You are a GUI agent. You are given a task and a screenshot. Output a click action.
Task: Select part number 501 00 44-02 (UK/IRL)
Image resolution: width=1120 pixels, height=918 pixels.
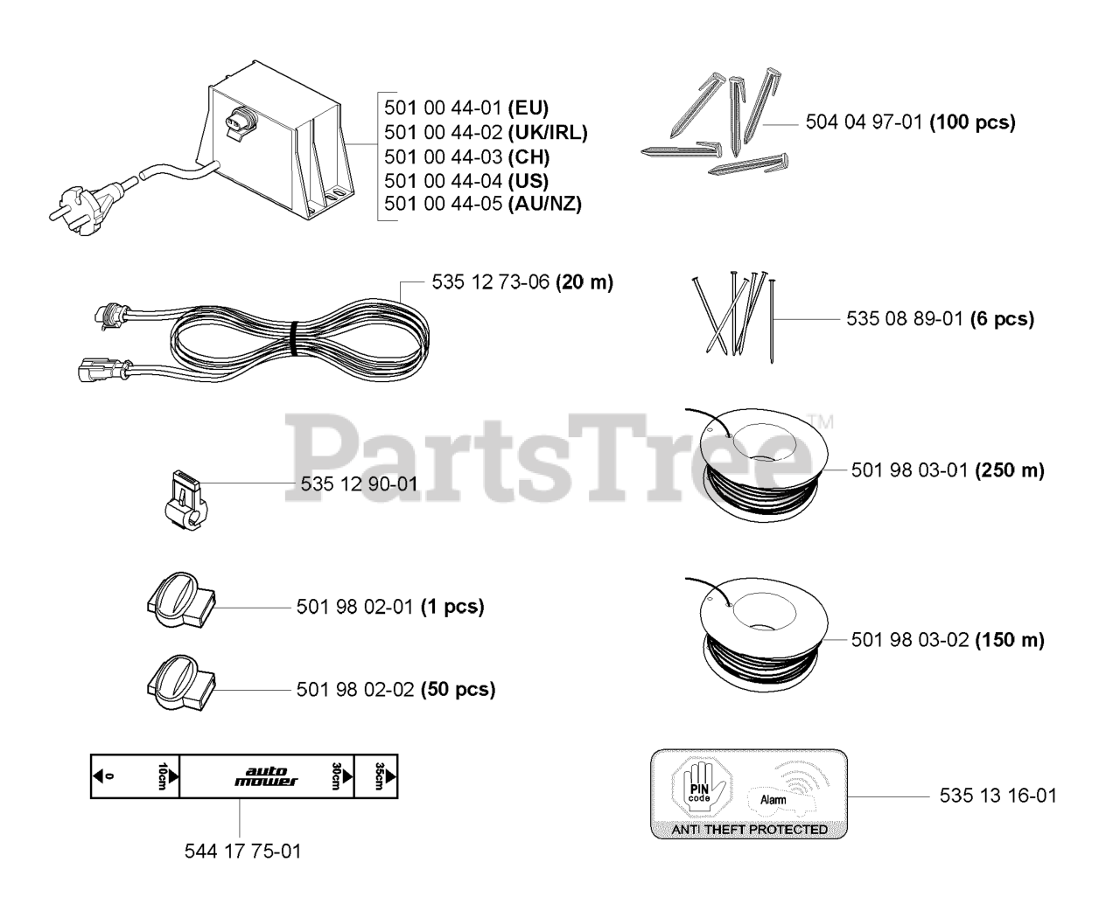click(486, 133)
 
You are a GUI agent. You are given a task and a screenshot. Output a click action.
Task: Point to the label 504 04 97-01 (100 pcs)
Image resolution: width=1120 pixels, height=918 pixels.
click(910, 122)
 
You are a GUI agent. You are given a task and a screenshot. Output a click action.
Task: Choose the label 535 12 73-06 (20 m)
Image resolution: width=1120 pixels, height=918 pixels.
click(522, 282)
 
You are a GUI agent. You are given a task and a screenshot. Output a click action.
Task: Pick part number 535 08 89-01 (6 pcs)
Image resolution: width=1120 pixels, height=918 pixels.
click(940, 319)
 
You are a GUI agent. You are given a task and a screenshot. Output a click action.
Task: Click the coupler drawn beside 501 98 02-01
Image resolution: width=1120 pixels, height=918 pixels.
click(179, 602)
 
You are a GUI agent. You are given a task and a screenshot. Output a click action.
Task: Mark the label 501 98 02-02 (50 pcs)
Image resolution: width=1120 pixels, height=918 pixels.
click(395, 689)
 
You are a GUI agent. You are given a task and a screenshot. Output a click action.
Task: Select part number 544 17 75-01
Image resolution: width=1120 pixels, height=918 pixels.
click(243, 851)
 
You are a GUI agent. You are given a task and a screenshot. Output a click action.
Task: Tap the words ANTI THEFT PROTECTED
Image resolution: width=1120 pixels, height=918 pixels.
click(749, 829)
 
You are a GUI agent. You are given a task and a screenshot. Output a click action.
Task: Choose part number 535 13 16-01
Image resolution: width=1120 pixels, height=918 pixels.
click(998, 796)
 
